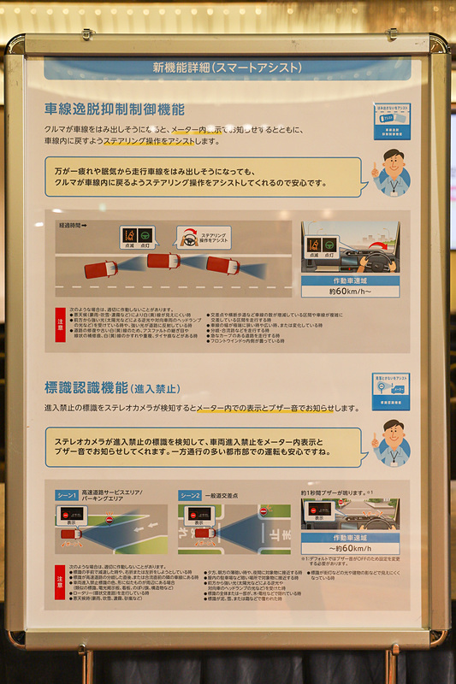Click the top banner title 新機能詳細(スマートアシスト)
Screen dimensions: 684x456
227,67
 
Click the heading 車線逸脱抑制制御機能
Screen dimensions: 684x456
115,109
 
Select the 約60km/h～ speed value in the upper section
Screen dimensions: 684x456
350,291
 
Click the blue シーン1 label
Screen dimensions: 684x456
67,495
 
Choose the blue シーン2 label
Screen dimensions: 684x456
190,495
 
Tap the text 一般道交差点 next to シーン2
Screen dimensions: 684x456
226,495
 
